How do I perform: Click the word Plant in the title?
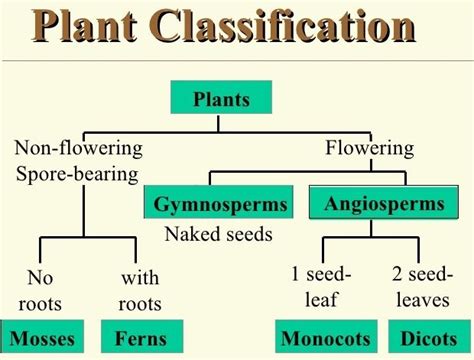(96, 29)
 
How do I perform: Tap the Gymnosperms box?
(219, 205)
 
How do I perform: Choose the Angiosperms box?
(383, 204)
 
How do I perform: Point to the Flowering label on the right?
(369, 149)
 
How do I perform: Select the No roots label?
(40, 289)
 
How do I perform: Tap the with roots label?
(140, 289)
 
